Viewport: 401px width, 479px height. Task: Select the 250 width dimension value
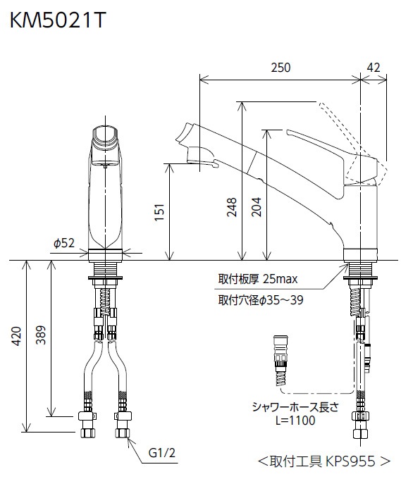[x=280, y=68]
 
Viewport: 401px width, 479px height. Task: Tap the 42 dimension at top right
[x=374, y=68]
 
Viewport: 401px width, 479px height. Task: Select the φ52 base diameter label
[x=63, y=243]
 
